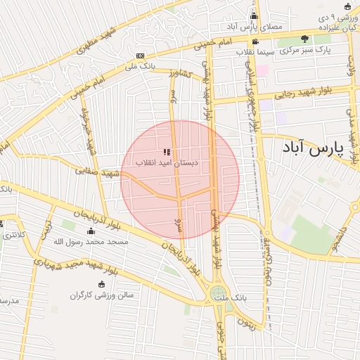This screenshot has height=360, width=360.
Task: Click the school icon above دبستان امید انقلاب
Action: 167,152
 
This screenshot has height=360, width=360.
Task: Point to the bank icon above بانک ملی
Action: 141,56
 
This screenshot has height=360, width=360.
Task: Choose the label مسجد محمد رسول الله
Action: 91,241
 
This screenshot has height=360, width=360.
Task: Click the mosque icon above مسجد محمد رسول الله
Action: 90,231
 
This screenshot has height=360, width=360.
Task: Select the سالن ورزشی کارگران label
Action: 101,295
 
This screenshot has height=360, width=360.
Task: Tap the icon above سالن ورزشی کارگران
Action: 101,284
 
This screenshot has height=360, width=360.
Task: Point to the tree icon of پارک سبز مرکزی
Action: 304,39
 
